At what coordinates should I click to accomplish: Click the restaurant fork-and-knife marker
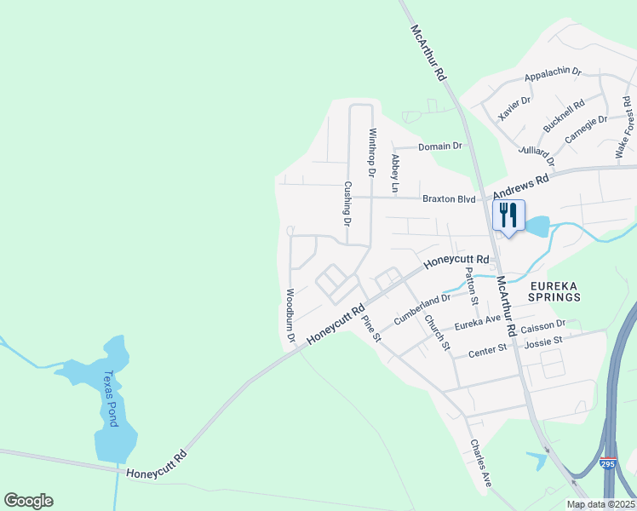click(508, 214)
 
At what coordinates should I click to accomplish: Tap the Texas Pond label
click(109, 398)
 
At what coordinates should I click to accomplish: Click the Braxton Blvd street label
click(449, 198)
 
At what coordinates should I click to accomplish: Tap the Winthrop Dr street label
click(371, 152)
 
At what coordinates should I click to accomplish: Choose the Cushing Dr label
click(347, 204)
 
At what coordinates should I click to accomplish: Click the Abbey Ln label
click(395, 173)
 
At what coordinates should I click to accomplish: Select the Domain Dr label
click(440, 146)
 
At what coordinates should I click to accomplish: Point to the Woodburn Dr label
click(290, 316)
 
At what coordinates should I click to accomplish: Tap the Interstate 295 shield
click(606, 464)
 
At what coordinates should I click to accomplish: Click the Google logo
click(28, 501)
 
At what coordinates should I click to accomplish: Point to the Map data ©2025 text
click(600, 504)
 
